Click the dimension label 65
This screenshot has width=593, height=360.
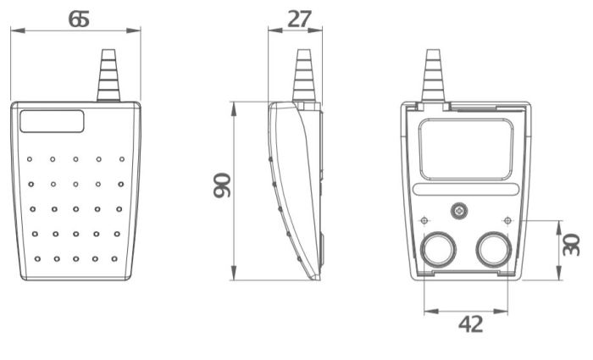point(78,18)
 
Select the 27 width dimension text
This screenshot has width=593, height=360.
point(299,18)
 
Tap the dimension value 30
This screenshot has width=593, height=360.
point(573,245)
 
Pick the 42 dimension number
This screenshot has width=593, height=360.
point(469,324)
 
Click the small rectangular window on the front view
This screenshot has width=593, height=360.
point(52,121)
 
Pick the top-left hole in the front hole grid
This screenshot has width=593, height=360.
point(29,158)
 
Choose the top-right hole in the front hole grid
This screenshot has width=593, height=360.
point(121,158)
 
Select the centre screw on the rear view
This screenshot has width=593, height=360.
point(459,209)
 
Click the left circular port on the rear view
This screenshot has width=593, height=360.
point(438,250)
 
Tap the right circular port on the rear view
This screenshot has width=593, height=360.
point(493,250)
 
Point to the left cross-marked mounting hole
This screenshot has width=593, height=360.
point(424,221)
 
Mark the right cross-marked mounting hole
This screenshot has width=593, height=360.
point(507,221)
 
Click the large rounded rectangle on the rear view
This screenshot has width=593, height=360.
point(466,149)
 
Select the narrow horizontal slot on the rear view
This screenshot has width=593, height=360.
point(466,191)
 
